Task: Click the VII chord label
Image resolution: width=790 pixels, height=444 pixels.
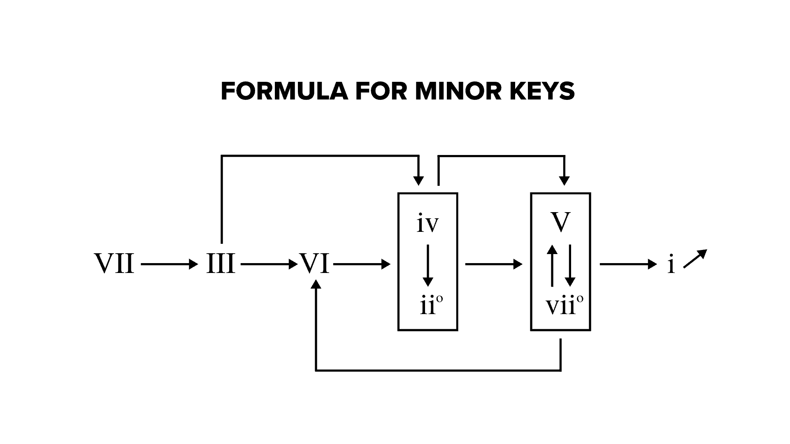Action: pyautogui.click(x=114, y=264)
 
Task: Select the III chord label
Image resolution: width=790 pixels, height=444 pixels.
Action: pyautogui.click(x=221, y=264)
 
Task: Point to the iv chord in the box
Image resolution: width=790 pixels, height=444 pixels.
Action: pyautogui.click(x=428, y=224)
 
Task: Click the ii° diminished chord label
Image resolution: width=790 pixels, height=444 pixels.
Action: pyautogui.click(x=431, y=306)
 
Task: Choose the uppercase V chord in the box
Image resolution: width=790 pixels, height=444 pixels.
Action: pyautogui.click(x=560, y=222)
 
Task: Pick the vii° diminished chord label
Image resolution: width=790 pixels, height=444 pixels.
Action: pyautogui.click(x=564, y=306)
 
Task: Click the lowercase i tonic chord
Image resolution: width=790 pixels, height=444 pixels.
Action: pyautogui.click(x=671, y=264)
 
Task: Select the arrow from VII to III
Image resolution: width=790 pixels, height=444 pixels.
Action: pyautogui.click(x=169, y=264)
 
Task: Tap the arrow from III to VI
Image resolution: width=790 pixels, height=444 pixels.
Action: pyautogui.click(x=269, y=264)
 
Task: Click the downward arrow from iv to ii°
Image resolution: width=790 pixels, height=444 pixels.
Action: pyautogui.click(x=428, y=265)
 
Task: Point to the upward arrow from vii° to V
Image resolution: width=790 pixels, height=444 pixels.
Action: pyautogui.click(x=552, y=265)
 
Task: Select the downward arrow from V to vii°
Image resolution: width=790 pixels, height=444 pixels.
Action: pyautogui.click(x=570, y=265)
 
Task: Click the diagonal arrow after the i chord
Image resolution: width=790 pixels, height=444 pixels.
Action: pyautogui.click(x=695, y=259)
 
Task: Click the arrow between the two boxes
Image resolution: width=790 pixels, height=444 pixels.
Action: pyautogui.click(x=494, y=264)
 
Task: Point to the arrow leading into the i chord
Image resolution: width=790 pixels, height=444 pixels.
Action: pyautogui.click(x=628, y=264)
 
